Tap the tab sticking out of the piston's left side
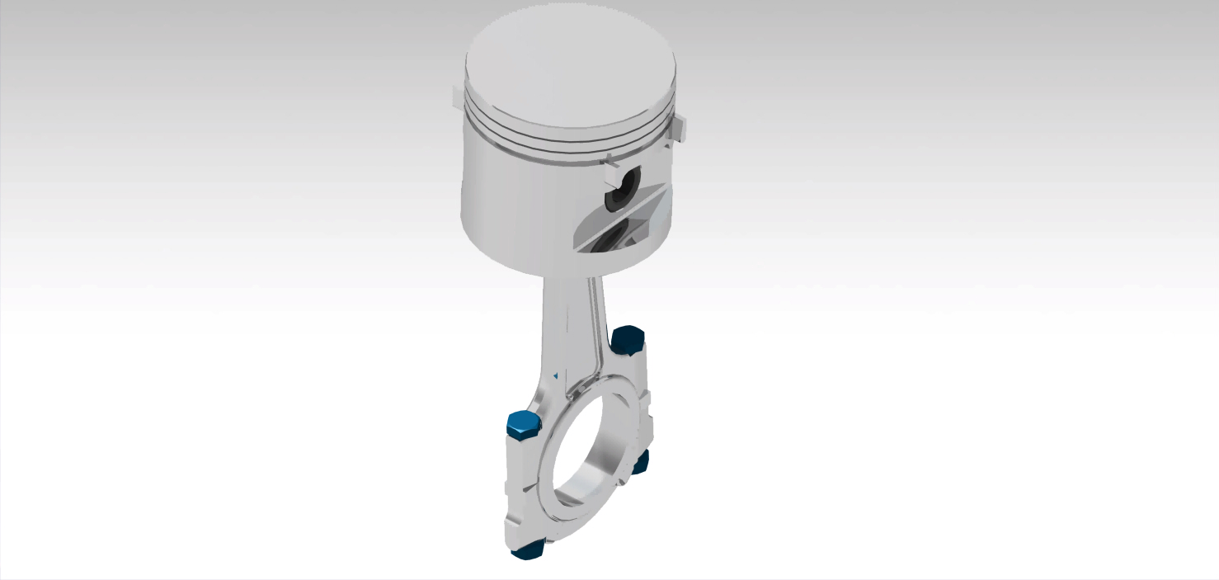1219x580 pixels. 457,97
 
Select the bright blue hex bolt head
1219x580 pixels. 522,424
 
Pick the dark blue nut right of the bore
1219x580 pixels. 640,462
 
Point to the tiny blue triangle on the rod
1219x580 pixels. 556,375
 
